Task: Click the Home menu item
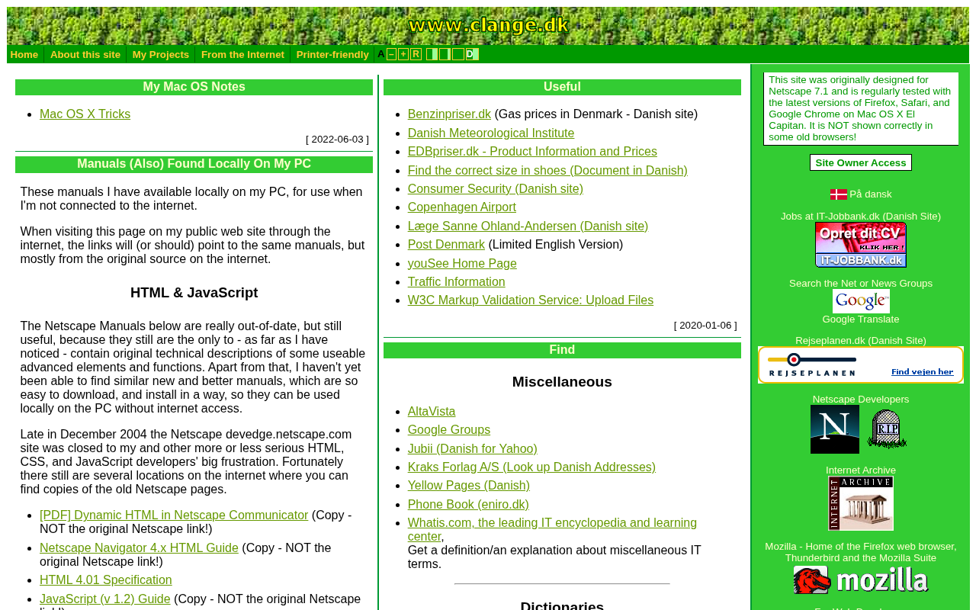[x=24, y=54]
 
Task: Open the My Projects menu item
[x=160, y=54]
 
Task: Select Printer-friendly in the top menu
[x=332, y=54]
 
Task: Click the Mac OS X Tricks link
[x=85, y=114]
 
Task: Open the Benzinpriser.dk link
[x=449, y=114]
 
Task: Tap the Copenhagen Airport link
[x=461, y=207]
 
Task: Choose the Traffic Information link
[x=456, y=282]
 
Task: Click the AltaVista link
[x=432, y=412]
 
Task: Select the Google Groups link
[x=449, y=430]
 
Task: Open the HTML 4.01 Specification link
[x=105, y=580]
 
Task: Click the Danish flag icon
[x=839, y=194]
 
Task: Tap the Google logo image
[x=861, y=301]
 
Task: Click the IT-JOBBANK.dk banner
[x=861, y=245]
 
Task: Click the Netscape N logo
[x=835, y=429]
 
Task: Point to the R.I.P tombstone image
[x=887, y=429]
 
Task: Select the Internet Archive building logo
[x=861, y=503]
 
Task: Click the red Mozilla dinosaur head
[x=812, y=580]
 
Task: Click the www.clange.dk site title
[x=489, y=25]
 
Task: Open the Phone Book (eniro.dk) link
[x=468, y=505]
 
